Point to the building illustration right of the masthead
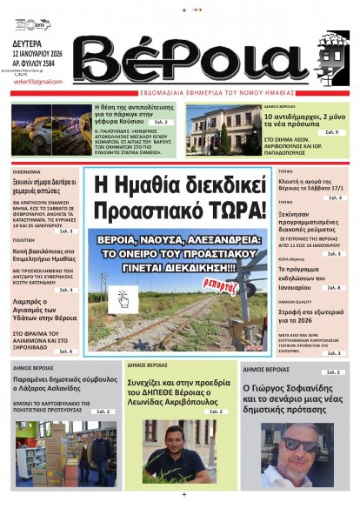click(327, 58)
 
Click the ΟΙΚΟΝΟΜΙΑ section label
click(27, 172)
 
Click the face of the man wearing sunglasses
click(301, 445)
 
